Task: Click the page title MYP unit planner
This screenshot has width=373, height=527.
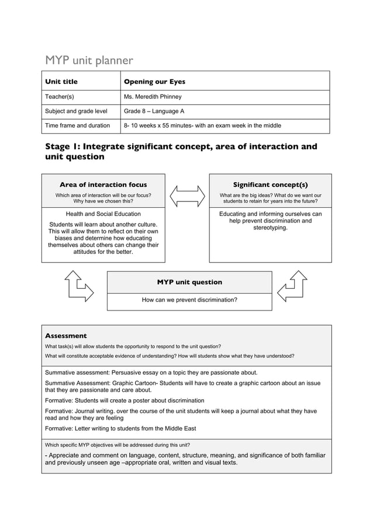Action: [x=89, y=60]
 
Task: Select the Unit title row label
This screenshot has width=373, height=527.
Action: [x=61, y=82]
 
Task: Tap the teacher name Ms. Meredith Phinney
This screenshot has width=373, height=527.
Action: [x=153, y=97]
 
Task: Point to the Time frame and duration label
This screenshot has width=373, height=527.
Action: [x=77, y=125]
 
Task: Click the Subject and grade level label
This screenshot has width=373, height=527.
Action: [x=76, y=111]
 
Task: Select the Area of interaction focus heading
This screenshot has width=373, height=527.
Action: [x=103, y=185]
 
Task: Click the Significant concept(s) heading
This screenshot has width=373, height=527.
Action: [x=270, y=185]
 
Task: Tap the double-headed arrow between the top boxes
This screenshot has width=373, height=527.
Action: [x=187, y=195]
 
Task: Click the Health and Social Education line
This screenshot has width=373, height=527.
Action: [x=103, y=214]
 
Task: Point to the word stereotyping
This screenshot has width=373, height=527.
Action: [x=270, y=228]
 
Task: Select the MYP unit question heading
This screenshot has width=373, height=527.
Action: [x=189, y=282]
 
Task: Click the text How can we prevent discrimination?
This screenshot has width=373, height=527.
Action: [x=189, y=300]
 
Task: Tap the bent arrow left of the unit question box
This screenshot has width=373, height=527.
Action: [x=78, y=286]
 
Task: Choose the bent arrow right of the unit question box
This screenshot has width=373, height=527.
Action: [x=292, y=286]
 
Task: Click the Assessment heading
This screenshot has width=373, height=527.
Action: [x=65, y=336]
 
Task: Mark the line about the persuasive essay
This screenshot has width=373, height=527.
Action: [x=151, y=372]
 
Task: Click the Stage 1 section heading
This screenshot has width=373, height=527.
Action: [x=181, y=151]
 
